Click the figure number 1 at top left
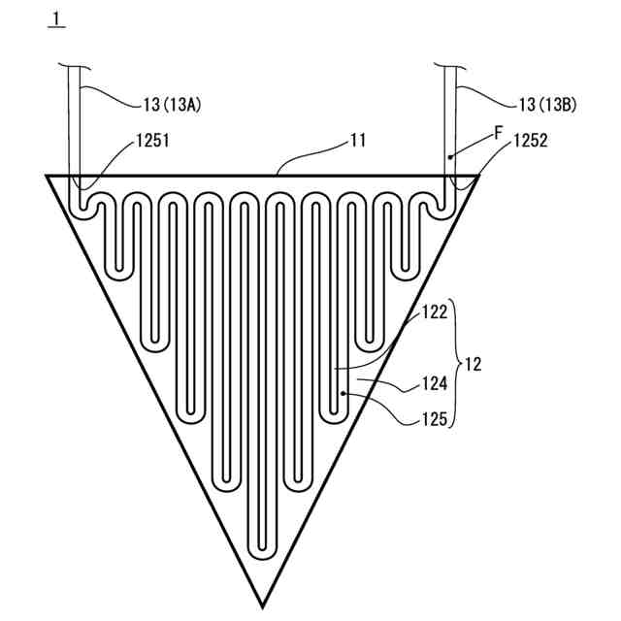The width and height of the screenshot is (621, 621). tap(57, 20)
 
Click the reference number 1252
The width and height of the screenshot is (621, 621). tap(530, 141)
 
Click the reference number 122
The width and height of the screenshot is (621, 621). tap(434, 313)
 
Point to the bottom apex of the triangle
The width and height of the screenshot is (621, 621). tap(262, 605)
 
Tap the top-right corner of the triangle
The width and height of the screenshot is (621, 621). tap(477, 177)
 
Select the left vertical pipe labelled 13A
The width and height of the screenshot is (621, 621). tap(74, 126)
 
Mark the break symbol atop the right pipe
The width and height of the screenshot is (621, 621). tap(449, 65)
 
